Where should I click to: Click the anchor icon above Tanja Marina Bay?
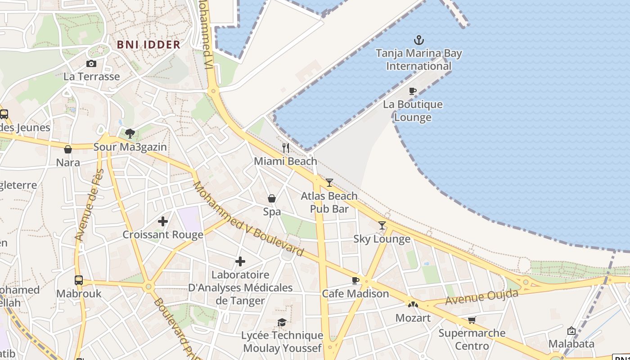[419, 40]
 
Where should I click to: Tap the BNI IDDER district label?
[148, 45]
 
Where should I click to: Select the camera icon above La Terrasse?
[91, 64]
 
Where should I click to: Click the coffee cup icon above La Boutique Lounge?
[412, 91]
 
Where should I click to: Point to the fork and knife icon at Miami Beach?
[285, 148]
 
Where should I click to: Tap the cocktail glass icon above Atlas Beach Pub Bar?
[329, 183]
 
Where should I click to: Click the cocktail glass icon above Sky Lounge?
[382, 225]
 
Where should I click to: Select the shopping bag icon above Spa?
[272, 198]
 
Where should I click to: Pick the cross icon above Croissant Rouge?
[163, 221]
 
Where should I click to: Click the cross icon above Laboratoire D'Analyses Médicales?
[240, 261]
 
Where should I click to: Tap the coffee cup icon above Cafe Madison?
[355, 281]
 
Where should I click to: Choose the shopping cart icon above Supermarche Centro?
[472, 320]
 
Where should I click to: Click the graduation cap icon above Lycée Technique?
[282, 322]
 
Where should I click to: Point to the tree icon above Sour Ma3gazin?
[130, 133]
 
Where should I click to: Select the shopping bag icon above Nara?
[68, 149]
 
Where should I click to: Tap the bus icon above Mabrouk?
[79, 280]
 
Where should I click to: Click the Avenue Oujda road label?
[481, 297]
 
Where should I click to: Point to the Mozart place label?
[413, 318]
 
